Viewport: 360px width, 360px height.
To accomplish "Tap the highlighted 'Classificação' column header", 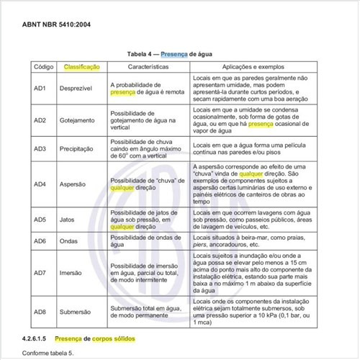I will coord(82,66).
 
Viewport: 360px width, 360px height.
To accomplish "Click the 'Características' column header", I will coord(148,66).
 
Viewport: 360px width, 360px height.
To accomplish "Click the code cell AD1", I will coord(40,88).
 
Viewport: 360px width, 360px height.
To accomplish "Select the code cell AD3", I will coord(40,148).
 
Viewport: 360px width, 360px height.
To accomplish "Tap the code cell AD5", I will coord(40,219).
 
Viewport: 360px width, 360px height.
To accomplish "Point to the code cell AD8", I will coord(40,312).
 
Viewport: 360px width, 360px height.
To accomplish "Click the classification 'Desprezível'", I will coord(81,88).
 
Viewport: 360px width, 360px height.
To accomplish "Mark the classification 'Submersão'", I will coord(81,312).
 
